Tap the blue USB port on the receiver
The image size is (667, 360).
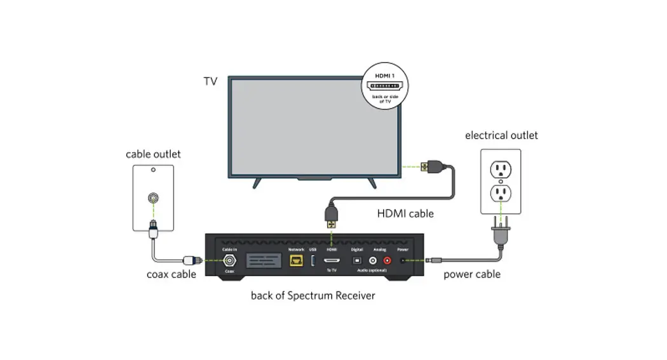click(x=313, y=260)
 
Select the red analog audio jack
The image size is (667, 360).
click(x=387, y=260)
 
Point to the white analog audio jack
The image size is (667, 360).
click(x=373, y=260)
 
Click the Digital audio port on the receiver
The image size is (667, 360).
click(x=357, y=260)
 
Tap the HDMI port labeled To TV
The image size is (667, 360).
click(x=331, y=260)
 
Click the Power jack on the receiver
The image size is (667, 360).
click(x=403, y=260)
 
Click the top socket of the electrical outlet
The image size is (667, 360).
click(x=500, y=168)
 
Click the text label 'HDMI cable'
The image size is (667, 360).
click(x=405, y=213)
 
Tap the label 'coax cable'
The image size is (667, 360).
click(x=172, y=274)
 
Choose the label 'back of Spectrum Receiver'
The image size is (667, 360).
click(x=313, y=295)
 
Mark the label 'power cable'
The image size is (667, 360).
click(x=471, y=274)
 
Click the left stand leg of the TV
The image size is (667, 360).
click(x=257, y=182)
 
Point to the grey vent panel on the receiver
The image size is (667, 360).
click(x=264, y=261)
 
